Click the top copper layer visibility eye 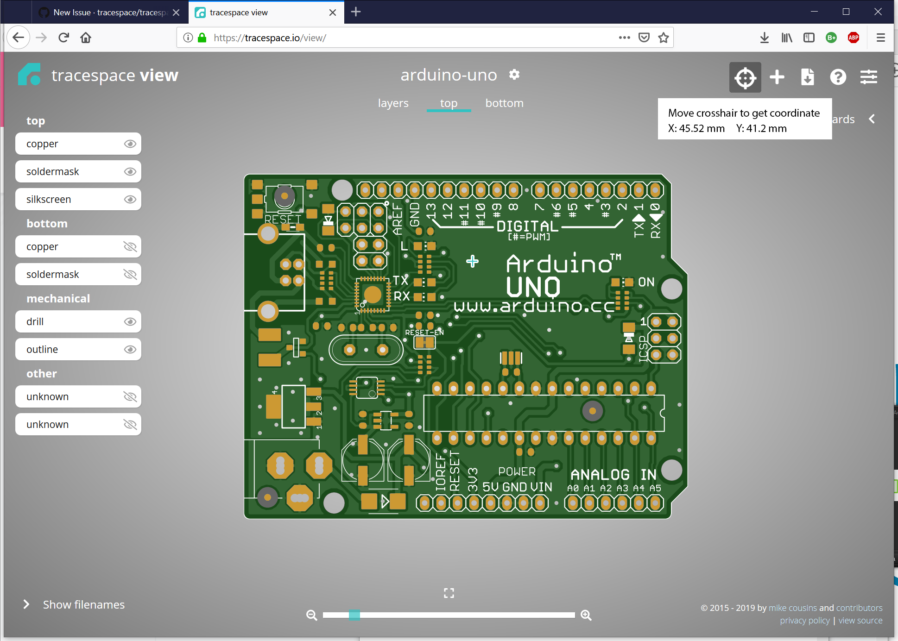click(x=130, y=144)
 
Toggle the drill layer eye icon click(x=130, y=322)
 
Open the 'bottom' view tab click(x=504, y=103)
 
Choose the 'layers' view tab click(x=393, y=103)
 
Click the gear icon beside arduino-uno click(x=514, y=75)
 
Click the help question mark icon click(x=838, y=77)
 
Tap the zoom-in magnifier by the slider click(x=586, y=615)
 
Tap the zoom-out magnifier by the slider click(x=312, y=615)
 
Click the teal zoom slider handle click(x=354, y=615)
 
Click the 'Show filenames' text click(x=84, y=605)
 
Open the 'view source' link click(x=860, y=621)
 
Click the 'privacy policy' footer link click(x=805, y=621)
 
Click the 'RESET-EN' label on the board click(x=424, y=333)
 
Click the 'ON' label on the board click(x=646, y=282)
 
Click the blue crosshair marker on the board click(x=473, y=262)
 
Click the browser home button click(x=86, y=38)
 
